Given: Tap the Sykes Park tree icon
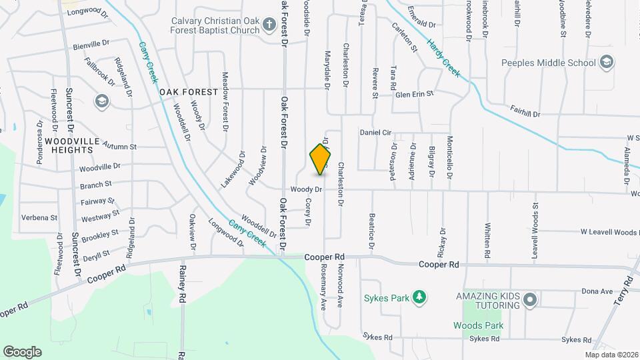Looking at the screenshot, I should [x=419, y=296].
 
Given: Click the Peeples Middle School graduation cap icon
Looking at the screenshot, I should [x=607, y=63].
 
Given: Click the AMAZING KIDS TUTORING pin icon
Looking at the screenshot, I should [x=530, y=300].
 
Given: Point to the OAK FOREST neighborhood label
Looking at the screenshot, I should [x=188, y=91].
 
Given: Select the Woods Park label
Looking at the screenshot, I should [x=476, y=325].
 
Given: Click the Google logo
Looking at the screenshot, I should [x=22, y=351].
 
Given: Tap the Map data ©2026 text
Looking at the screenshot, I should [x=611, y=355].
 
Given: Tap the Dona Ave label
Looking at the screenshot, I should [x=597, y=291].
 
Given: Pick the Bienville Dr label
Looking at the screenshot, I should [x=91, y=45].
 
